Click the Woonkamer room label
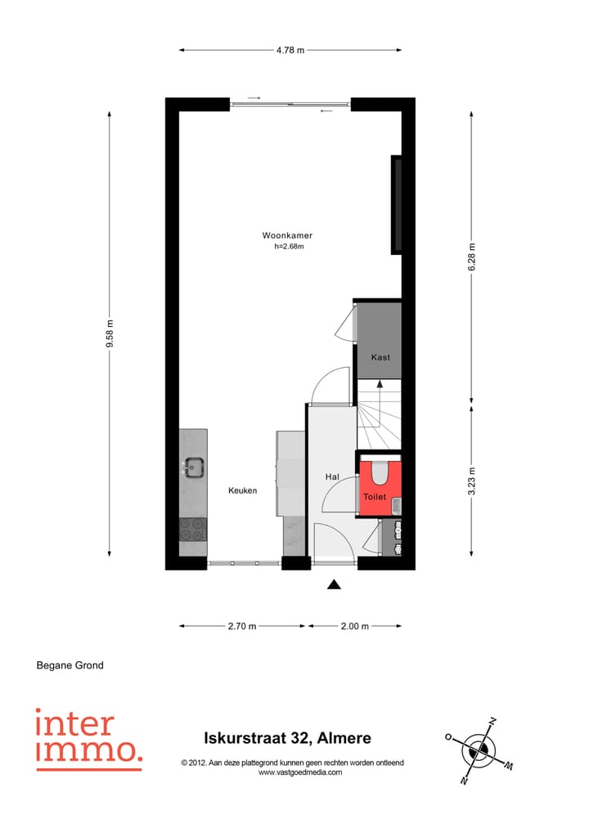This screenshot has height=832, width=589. pyautogui.click(x=287, y=235)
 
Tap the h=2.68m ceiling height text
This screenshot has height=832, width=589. pyautogui.click(x=288, y=247)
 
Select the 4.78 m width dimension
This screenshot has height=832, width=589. pyautogui.click(x=290, y=51)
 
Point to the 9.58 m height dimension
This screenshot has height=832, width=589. pyautogui.click(x=110, y=333)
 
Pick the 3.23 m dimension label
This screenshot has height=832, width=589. pyautogui.click(x=472, y=478)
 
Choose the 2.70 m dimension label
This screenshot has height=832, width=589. pyautogui.click(x=242, y=626)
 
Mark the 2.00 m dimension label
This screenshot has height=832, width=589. pyautogui.click(x=354, y=626)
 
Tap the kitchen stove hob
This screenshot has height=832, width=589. pyautogui.click(x=193, y=530)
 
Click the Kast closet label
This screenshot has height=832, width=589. pyautogui.click(x=380, y=357)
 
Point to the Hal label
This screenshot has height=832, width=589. pyautogui.click(x=332, y=476)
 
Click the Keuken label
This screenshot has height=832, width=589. pyautogui.click(x=243, y=490)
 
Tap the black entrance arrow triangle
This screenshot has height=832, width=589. pyautogui.click(x=334, y=584)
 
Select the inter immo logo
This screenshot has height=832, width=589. pyautogui.click(x=88, y=739)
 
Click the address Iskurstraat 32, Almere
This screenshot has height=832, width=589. pyautogui.click(x=287, y=738)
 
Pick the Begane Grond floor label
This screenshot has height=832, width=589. pyautogui.click(x=70, y=665)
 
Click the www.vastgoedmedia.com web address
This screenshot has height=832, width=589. pyautogui.click(x=299, y=772)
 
